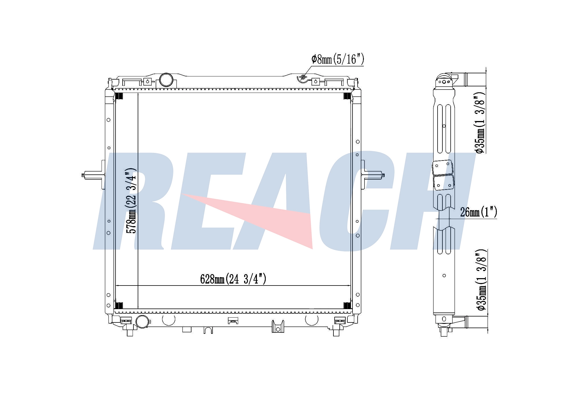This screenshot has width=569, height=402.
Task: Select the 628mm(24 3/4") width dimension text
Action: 233,279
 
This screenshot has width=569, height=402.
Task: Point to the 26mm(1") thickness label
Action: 479,212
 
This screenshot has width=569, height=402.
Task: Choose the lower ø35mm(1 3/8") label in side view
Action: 481,280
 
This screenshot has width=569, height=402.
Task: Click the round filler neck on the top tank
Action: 166,80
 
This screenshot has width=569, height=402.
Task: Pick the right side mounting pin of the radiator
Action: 373,174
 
